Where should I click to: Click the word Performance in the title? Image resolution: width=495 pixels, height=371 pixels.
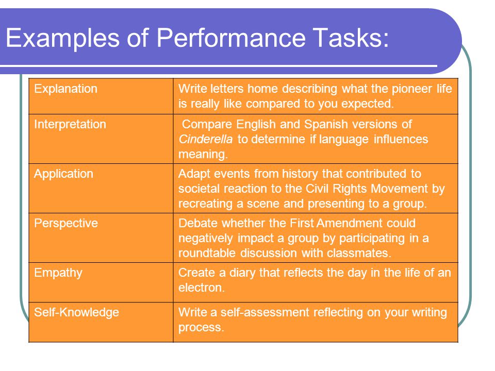(231, 38)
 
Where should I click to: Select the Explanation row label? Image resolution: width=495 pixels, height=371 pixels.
(65, 89)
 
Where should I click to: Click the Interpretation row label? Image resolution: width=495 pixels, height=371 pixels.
(70, 124)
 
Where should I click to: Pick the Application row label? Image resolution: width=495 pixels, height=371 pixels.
(63, 174)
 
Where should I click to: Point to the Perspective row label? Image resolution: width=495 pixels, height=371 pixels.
(66, 223)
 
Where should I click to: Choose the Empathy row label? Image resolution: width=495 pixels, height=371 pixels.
(58, 273)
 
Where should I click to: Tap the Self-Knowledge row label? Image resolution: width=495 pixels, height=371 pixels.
(76, 312)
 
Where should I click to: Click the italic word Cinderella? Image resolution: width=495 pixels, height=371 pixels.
(206, 139)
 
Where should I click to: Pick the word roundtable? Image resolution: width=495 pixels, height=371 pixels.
(207, 252)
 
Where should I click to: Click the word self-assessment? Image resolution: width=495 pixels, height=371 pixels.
(265, 312)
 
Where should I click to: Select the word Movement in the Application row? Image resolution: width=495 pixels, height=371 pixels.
(399, 189)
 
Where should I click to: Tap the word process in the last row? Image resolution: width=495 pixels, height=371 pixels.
(200, 328)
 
